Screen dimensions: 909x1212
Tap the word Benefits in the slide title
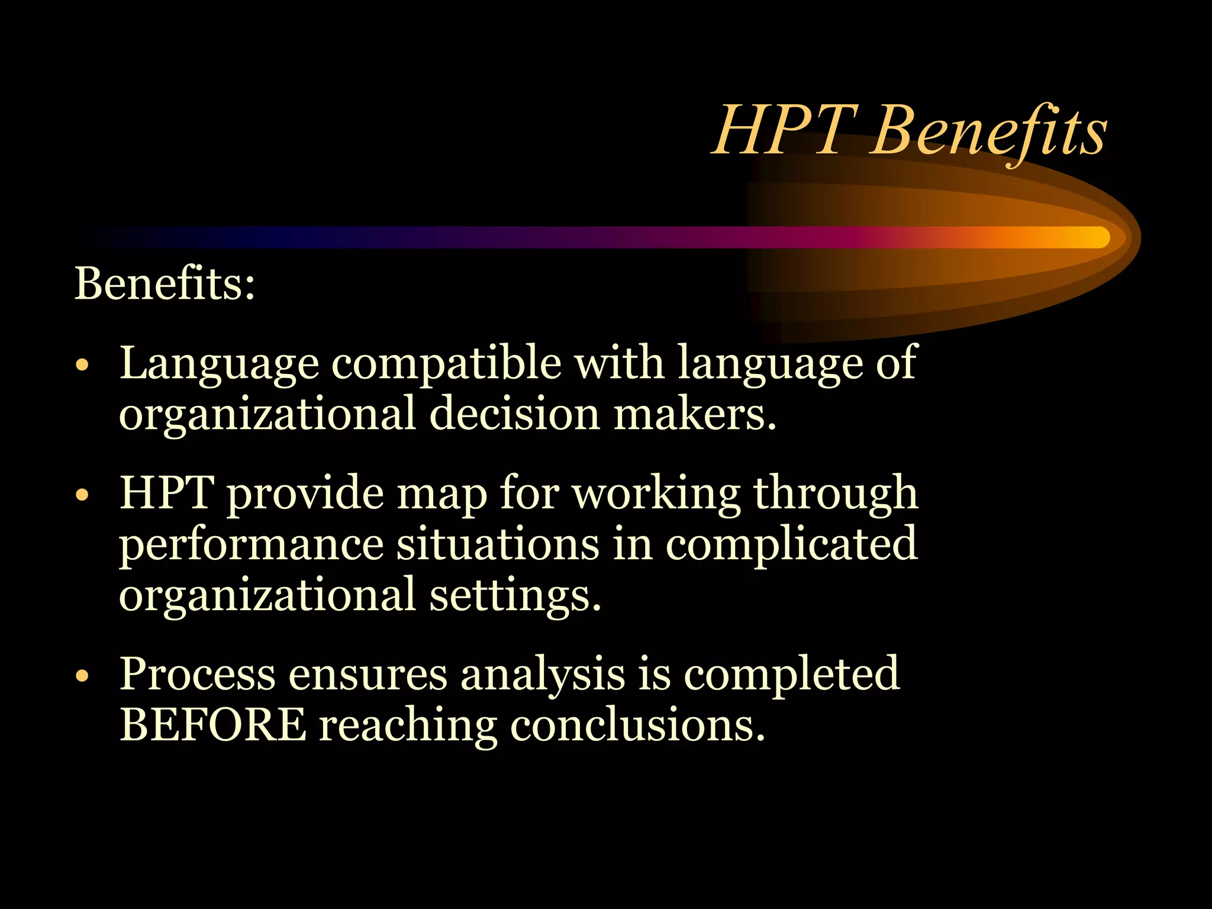coord(988,131)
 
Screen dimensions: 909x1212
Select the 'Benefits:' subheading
coord(165,283)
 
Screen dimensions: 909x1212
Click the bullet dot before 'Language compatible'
coord(82,365)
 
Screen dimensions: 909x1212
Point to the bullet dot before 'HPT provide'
coord(82,495)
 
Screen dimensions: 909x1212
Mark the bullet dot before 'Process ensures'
coord(82,676)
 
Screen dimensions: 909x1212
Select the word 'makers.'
coord(695,414)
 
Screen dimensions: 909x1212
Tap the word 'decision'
coord(515,414)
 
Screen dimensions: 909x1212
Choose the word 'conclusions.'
coord(637,726)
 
